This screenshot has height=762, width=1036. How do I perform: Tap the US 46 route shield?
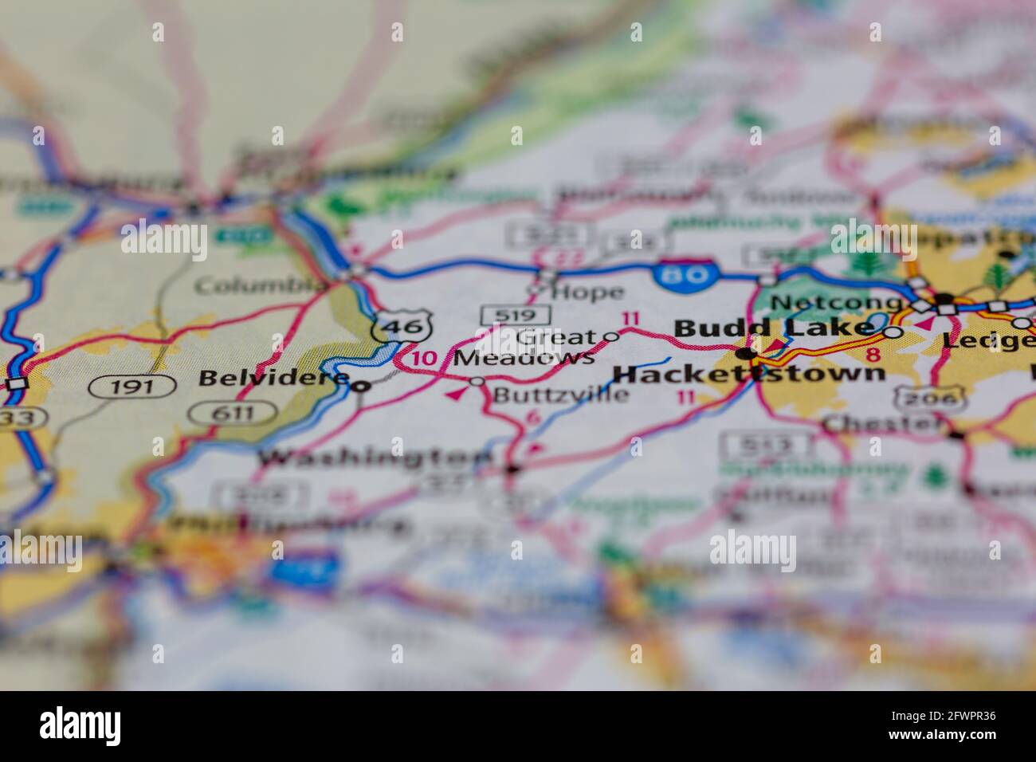pos(403,324)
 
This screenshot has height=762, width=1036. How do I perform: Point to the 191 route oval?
pos(132,387)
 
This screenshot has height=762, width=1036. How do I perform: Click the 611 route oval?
pos(233,413)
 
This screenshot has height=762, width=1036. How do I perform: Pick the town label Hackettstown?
pos(749,373)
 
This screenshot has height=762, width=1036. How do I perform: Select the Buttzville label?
pos(560,394)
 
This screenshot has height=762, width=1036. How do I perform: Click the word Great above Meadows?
pos(555,337)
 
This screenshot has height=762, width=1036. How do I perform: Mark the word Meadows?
pos(523,359)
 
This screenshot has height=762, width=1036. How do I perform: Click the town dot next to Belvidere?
pos(362,387)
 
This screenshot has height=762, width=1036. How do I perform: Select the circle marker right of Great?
pos(611,336)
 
